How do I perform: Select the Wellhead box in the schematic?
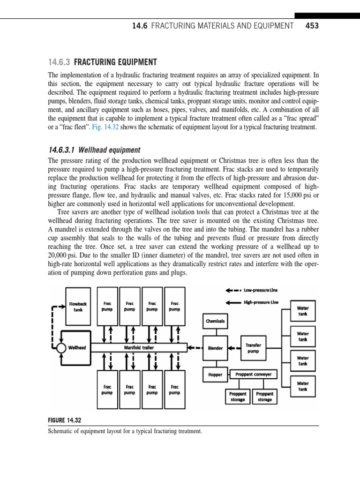pyautogui.click(x=76, y=348)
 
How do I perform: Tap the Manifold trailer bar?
pyautogui.click(x=139, y=348)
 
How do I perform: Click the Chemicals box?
pyautogui.click(x=215, y=321)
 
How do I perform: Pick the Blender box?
pyautogui.click(x=215, y=348)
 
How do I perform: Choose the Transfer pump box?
pyautogui.click(x=253, y=348)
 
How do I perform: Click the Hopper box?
pyautogui.click(x=215, y=375)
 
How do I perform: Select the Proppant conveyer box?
pyautogui.click(x=254, y=374)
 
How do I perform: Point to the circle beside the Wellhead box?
pyautogui.click(x=60, y=348)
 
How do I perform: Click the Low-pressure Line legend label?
pyautogui.click(x=261, y=290)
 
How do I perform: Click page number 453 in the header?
pyautogui.click(x=312, y=26)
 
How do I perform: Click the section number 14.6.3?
pyautogui.click(x=60, y=62)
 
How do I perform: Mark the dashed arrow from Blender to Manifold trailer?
pyautogui.click(x=193, y=348)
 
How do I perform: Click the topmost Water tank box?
pyautogui.click(x=303, y=311)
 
